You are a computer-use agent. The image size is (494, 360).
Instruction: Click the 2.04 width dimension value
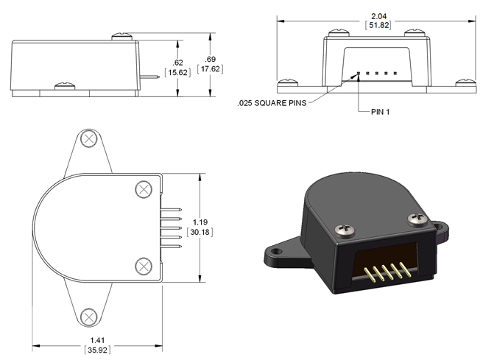click(378, 16)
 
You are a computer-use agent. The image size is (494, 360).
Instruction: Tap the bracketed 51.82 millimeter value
click(378, 25)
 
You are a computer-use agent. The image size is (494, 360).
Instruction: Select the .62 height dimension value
click(177, 63)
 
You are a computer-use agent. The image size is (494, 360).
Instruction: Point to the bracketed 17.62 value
click(210, 68)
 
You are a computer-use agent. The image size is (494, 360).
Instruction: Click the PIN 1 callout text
click(381, 112)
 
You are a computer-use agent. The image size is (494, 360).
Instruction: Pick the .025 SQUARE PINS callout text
click(272, 103)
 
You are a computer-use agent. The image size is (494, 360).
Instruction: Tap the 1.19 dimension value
click(200, 222)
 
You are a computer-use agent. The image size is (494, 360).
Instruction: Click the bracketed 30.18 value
click(200, 232)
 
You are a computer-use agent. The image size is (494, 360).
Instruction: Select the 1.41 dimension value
click(97, 340)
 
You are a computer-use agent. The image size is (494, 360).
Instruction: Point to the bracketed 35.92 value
click(97, 350)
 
